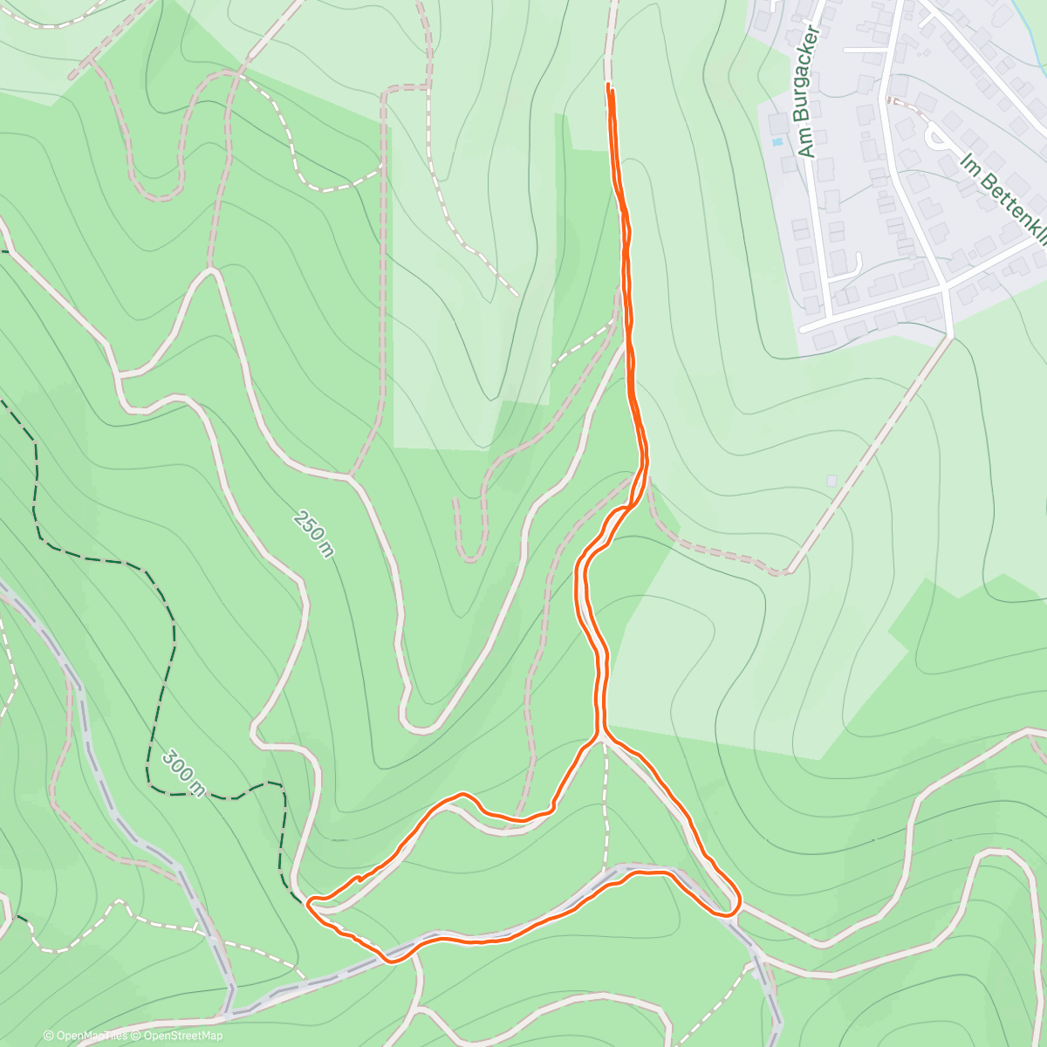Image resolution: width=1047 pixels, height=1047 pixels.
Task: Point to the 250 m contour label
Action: (x=313, y=535)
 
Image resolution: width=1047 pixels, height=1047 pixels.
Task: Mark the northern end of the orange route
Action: (x=608, y=86)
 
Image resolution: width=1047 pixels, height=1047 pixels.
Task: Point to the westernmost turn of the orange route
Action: (x=308, y=902)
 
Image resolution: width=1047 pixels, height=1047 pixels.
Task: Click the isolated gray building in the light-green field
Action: (x=831, y=480)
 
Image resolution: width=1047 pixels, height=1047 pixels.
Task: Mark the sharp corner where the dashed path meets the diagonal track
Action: (x=784, y=573)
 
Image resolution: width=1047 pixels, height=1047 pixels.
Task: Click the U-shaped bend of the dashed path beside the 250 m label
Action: (x=469, y=555)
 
